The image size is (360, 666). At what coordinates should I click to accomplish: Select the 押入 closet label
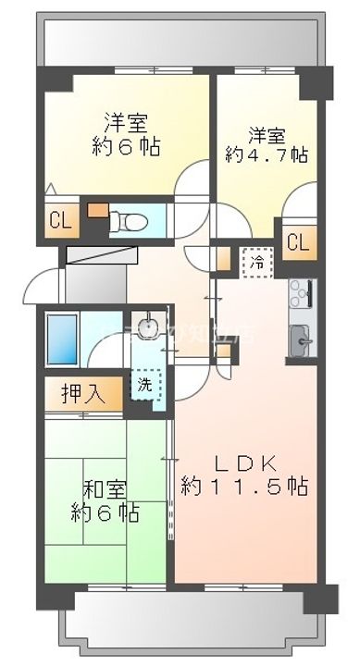pyautogui.click(x=81, y=393)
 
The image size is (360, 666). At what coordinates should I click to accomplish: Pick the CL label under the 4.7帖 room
pyautogui.click(x=296, y=243)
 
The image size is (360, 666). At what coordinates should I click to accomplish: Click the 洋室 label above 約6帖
pyautogui.click(x=127, y=121)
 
